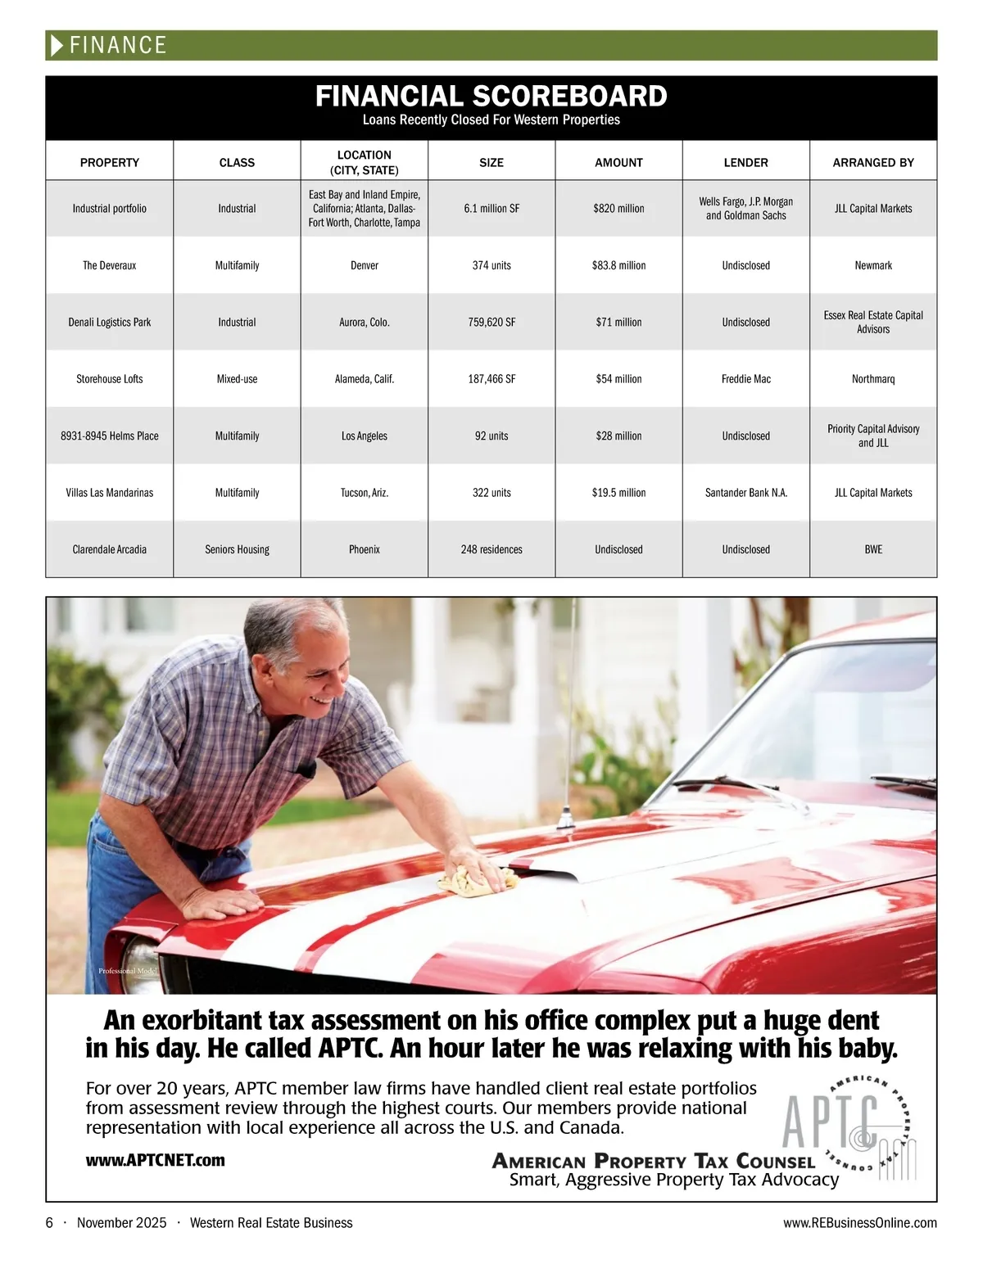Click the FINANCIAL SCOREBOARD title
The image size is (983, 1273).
coord(491,97)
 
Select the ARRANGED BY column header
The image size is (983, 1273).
coord(873,162)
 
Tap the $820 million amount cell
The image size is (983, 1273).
coord(618,209)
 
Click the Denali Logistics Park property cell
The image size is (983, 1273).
coord(110,323)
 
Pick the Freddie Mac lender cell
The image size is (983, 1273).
coord(745,379)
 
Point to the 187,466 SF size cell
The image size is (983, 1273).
coord(491,379)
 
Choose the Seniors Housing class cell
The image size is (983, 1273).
coord(237,549)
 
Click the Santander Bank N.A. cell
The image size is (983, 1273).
coord(745,493)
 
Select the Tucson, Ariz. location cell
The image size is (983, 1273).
coord(365,493)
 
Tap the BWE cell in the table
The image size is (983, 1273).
coord(873,549)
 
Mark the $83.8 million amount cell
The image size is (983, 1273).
coord(618,265)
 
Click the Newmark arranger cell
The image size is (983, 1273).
coord(873,265)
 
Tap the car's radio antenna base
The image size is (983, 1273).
coord(564,819)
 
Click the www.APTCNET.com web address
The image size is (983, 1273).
coord(155,1160)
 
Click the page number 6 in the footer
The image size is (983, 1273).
coord(49,1222)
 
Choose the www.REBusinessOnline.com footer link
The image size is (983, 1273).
coord(859,1222)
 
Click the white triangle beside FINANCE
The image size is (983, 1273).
coord(57,45)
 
